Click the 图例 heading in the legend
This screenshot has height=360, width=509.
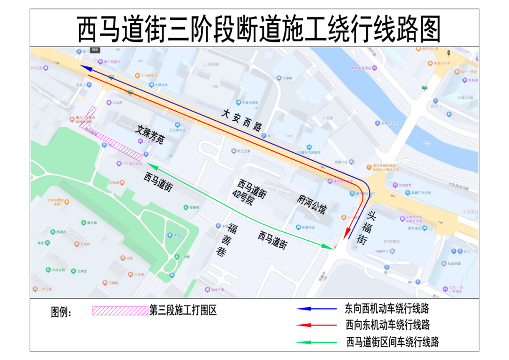[61, 312]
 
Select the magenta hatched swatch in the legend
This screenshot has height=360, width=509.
[120, 311]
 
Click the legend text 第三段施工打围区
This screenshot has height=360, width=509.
[183, 311]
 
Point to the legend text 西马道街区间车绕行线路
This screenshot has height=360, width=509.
[392, 342]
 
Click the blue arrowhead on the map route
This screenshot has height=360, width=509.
[87, 68]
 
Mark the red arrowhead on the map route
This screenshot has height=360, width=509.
[347, 234]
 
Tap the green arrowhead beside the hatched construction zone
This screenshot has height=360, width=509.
[149, 164]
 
